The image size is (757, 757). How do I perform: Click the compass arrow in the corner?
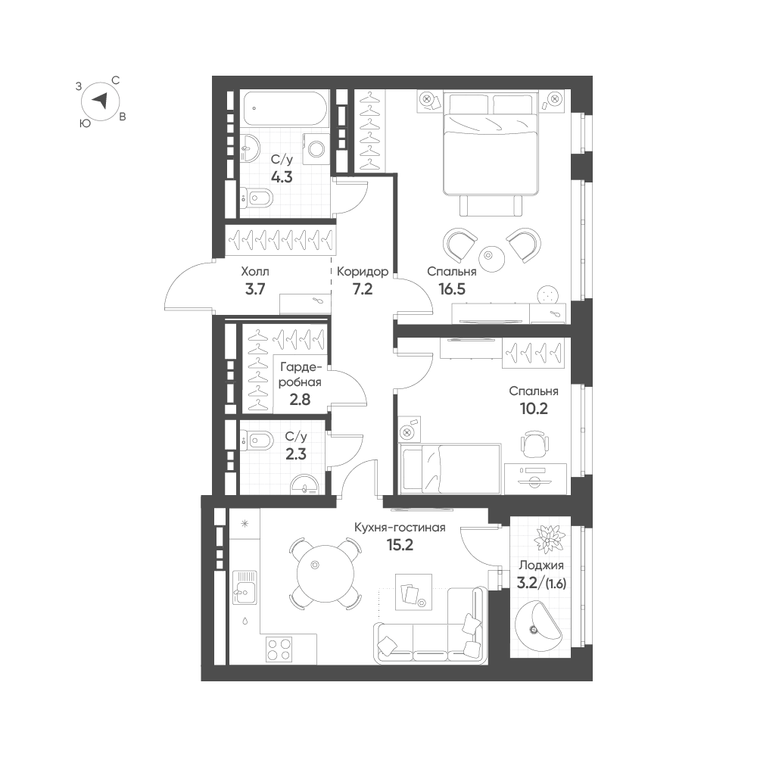[100, 101]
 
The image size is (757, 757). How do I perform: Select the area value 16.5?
[452, 289]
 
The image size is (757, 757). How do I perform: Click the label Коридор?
[363, 272]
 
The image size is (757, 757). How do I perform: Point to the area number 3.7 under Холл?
[255, 289]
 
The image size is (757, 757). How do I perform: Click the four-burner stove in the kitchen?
[279, 650]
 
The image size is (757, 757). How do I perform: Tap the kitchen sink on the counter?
[245, 587]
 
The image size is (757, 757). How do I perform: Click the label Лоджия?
[541, 565]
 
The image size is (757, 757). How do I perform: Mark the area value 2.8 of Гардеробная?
[300, 400]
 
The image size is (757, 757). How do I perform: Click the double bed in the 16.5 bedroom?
[491, 145]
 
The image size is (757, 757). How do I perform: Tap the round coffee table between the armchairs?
[491, 259]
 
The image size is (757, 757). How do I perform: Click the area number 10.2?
[534, 409]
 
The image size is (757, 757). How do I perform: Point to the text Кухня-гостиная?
[400, 528]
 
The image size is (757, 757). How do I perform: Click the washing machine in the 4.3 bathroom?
[316, 148]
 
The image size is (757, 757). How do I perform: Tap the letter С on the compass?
[116, 81]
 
